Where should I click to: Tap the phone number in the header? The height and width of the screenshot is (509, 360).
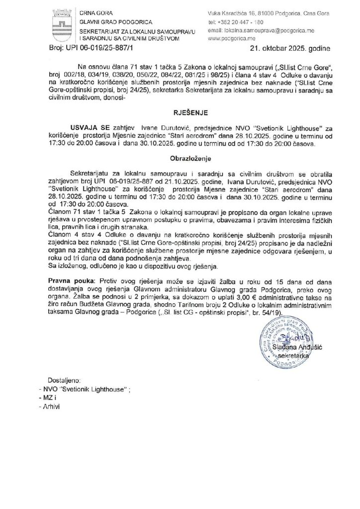coord(238,22)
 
